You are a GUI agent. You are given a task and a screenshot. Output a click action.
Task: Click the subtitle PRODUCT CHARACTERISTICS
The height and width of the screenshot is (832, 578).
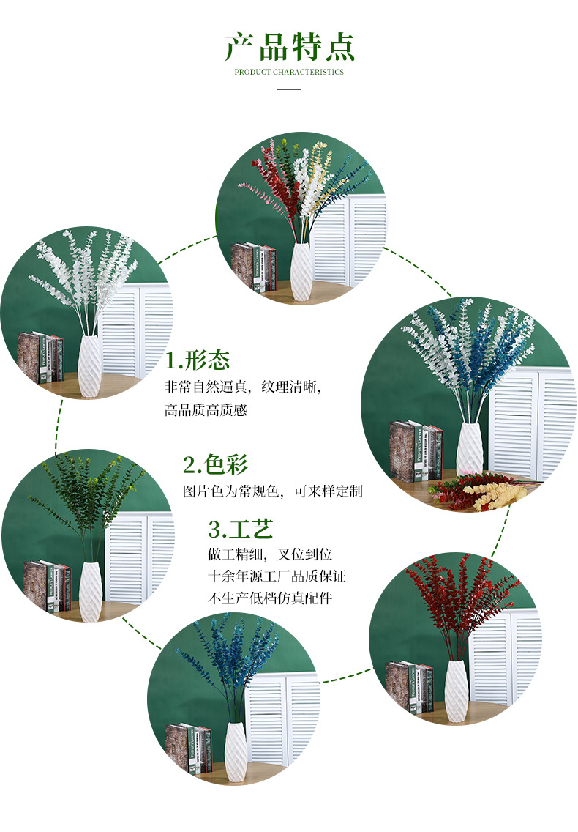[289, 72]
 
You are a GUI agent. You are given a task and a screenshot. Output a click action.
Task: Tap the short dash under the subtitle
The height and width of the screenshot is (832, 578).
[290, 89]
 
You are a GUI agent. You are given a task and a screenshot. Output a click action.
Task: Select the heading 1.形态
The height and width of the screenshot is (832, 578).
[198, 360]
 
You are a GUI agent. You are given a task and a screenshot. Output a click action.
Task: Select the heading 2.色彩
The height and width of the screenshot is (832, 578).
[216, 464]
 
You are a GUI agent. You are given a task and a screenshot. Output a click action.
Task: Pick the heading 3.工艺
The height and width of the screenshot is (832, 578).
[241, 528]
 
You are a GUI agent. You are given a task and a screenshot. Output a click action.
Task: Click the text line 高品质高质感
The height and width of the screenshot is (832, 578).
[206, 409]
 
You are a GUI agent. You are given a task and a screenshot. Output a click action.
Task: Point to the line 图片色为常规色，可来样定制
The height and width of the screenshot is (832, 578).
[272, 491]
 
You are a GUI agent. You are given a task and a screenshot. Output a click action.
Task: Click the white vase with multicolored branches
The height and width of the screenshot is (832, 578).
[301, 271]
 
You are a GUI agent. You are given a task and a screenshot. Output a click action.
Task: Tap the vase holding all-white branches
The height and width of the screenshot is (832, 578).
[90, 366]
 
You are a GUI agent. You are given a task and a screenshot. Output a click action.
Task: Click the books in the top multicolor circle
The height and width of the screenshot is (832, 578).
[254, 267]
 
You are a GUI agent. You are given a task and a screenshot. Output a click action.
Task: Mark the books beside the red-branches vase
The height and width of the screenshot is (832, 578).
[409, 687]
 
